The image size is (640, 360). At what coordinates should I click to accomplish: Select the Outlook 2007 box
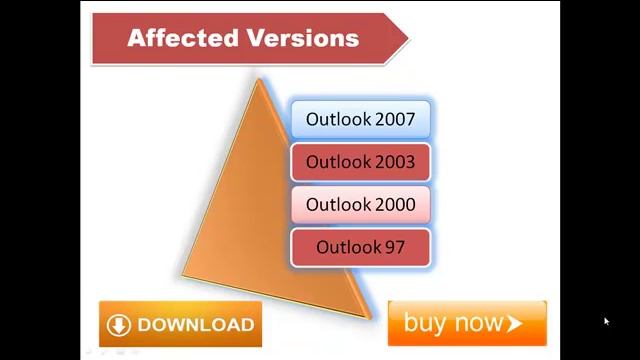360,119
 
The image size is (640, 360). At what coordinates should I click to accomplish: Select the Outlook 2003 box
360,162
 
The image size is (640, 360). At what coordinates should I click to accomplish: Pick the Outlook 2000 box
360,204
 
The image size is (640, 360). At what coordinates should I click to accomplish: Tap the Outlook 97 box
360,247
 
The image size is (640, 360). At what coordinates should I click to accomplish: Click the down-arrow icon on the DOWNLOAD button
119,325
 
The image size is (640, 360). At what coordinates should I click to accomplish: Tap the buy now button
466,323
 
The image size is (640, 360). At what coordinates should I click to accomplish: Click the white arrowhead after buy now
515,323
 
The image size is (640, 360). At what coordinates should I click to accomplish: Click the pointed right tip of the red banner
407,39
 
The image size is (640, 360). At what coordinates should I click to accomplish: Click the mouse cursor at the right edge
606,321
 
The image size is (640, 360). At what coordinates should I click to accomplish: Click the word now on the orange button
479,323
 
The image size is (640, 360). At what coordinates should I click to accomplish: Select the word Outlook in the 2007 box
339,119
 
